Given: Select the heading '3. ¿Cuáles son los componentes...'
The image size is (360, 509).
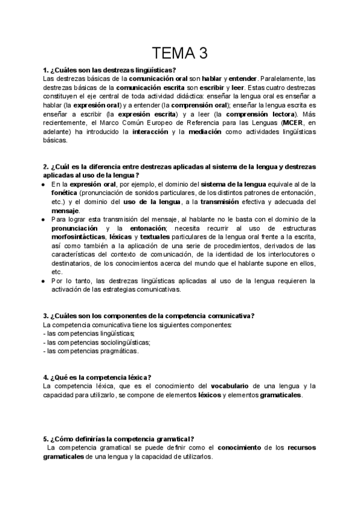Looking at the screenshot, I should [x=149, y=316].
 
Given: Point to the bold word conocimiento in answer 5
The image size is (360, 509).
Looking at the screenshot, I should [x=239, y=448].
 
